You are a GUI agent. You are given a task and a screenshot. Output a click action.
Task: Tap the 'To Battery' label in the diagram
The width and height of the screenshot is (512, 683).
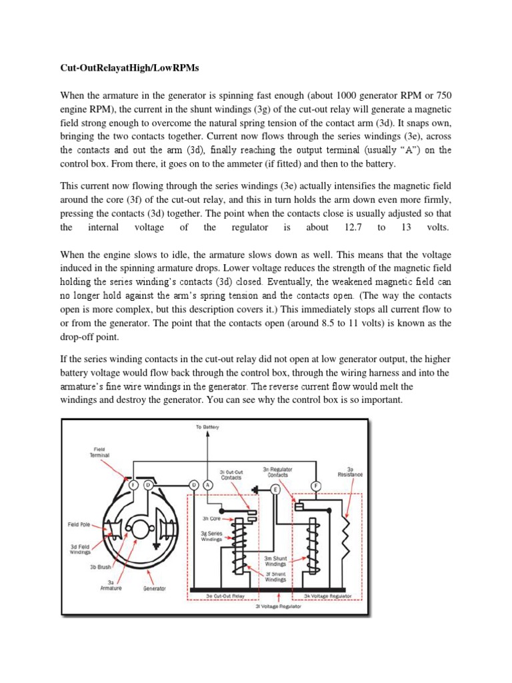(x=207, y=426)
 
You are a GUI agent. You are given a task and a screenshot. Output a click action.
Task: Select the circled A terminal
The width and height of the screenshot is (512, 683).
(x=207, y=485)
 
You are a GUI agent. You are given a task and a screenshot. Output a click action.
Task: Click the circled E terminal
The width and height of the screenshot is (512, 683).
(x=275, y=489)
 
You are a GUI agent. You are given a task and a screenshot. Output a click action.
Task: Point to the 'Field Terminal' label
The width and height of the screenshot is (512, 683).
(x=99, y=452)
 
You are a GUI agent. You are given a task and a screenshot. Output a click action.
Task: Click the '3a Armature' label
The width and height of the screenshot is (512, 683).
(x=110, y=584)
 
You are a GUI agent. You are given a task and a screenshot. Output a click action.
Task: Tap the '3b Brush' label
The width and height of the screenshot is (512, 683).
(x=101, y=567)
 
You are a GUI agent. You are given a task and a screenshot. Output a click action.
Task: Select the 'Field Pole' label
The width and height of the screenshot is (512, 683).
(x=83, y=524)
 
